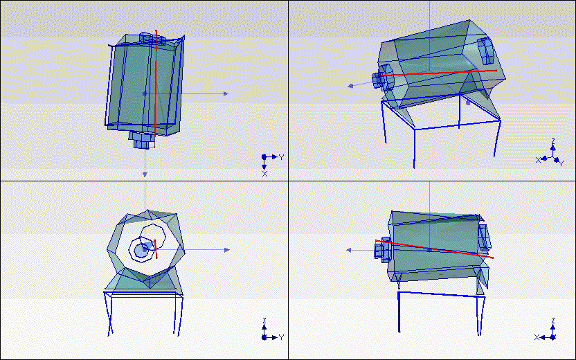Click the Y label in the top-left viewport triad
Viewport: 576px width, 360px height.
click(282, 157)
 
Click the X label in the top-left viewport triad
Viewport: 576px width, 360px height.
click(264, 173)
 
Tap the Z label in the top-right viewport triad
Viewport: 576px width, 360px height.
click(552, 141)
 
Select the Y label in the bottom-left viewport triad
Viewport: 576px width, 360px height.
click(282, 337)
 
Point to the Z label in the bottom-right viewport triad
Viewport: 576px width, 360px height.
click(552, 321)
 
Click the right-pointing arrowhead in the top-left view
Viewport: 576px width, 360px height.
click(225, 93)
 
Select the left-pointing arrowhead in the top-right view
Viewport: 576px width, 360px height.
click(351, 86)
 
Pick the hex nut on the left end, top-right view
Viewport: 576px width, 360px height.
click(383, 78)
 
